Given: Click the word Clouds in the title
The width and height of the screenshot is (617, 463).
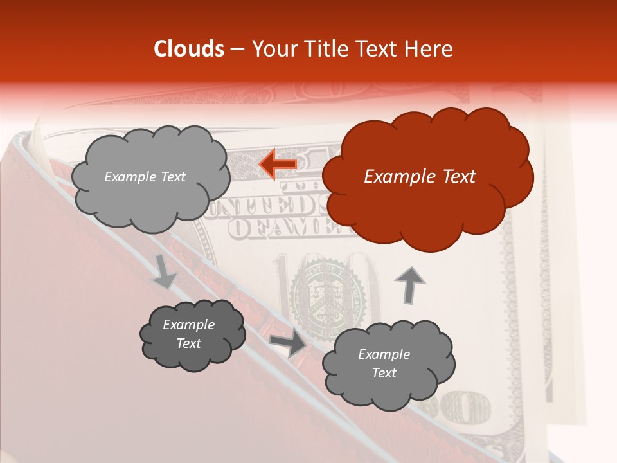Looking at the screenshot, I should click(189, 48).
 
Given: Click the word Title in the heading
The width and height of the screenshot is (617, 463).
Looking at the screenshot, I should click(325, 48).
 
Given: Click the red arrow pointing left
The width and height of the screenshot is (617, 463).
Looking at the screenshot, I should click(278, 165).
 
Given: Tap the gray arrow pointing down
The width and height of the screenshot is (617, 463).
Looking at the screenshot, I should click(165, 272).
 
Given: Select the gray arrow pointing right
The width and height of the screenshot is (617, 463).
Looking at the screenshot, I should click(287, 344).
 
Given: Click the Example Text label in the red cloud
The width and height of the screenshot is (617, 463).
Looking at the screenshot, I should click(420, 177).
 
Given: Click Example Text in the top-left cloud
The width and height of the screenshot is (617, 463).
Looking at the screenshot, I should click(145, 177).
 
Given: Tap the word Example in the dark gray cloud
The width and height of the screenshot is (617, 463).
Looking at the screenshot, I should click(188, 325).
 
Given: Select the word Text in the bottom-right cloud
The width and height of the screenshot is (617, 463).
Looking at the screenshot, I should click(384, 373).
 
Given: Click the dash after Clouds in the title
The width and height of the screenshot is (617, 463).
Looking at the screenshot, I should click(237, 50).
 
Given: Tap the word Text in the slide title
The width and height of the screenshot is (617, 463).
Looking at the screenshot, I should click(377, 48).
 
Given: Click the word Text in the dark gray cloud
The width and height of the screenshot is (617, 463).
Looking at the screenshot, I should click(188, 343).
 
